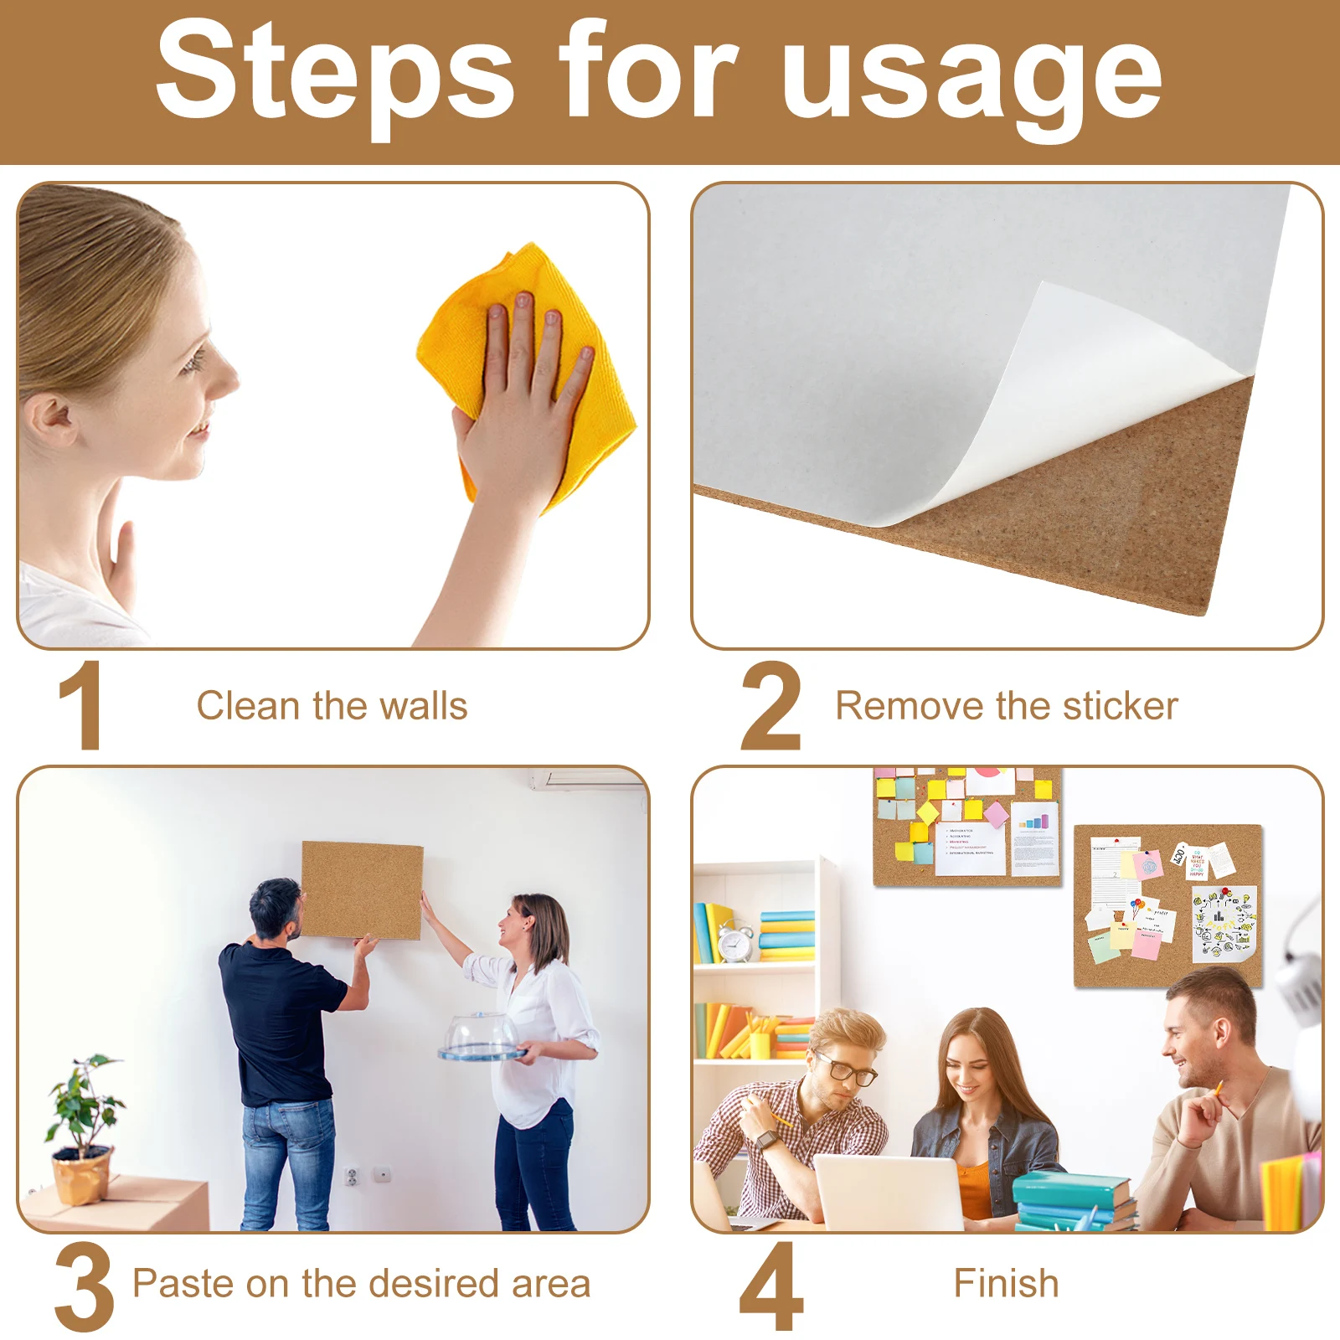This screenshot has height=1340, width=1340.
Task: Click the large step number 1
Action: [x=82, y=705]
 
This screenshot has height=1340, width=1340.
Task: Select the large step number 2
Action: [x=770, y=705]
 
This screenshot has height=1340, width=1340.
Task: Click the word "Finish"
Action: [x=1006, y=1283]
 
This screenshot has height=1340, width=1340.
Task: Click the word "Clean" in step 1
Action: [x=248, y=706]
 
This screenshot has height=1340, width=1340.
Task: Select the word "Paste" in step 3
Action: [x=180, y=1283]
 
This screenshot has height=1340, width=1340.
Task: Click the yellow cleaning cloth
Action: [x=528, y=368]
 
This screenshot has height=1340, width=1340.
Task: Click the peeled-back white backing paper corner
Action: [x=1089, y=377]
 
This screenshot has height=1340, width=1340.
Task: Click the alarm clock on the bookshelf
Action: [x=735, y=941]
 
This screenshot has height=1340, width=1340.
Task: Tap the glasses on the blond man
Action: [x=846, y=1069]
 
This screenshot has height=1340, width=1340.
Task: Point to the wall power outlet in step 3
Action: [x=353, y=1177]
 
